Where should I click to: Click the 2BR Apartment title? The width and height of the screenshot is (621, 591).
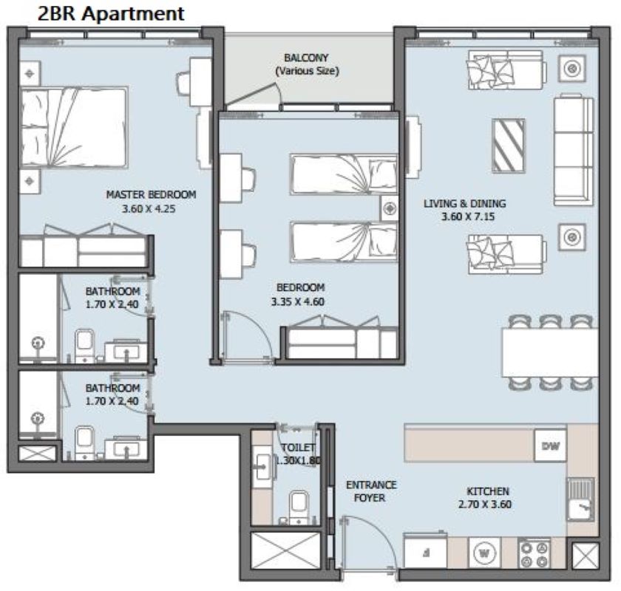pos(111,13)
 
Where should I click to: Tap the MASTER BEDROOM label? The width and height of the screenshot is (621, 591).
pos(151,194)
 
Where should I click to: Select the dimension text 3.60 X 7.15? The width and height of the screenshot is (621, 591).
pos(468,216)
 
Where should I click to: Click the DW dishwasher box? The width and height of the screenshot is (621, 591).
pos(551,446)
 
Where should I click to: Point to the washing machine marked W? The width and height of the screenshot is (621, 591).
pos(484,553)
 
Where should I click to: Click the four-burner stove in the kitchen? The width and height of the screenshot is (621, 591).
pos(534,553)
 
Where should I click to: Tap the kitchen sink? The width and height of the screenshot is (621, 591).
pos(580,499)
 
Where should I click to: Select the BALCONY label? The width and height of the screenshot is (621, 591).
pos(307,58)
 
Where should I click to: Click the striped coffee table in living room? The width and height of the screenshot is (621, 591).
pos(509,146)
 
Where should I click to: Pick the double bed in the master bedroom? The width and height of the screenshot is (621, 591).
pos(74,128)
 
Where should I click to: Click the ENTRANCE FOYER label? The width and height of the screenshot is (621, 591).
pos(370,491)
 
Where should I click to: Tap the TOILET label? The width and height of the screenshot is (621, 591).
pos(298,447)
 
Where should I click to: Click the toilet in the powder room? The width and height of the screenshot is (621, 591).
pos(299,507)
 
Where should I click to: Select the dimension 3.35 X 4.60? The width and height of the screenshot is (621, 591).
pos(298,301)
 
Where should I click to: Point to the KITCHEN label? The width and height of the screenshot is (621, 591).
pos(488,491)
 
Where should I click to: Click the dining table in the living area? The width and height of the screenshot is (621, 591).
pos(550,352)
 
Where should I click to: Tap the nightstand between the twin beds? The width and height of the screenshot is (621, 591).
pos(390,208)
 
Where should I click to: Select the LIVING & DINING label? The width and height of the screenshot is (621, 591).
pos(465,203)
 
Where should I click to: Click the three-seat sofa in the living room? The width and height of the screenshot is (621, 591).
pos(574,151)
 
